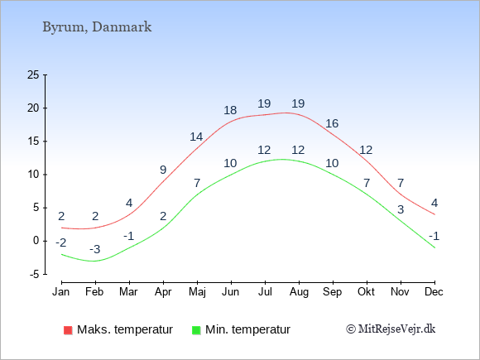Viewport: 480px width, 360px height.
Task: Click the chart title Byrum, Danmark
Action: [97, 27]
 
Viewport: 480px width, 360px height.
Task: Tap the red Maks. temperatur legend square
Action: [68, 330]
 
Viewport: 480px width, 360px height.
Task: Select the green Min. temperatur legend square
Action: [196, 330]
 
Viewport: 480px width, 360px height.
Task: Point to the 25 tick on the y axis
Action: [33, 74]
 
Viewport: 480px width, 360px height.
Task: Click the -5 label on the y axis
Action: [34, 274]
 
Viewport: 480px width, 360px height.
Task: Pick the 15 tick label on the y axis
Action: [33, 142]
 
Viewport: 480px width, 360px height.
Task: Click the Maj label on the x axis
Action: [197, 292]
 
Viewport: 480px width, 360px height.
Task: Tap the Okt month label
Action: [366, 292]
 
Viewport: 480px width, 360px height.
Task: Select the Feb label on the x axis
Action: [94, 292]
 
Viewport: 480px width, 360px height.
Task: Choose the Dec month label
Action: [434, 292]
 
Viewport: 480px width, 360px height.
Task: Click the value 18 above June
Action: [230, 110]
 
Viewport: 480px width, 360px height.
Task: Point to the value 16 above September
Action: [332, 123]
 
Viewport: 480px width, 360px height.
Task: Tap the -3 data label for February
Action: [95, 249]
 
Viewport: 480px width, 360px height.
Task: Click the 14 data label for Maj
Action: [196, 137]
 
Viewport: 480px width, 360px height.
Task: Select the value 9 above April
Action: [163, 170]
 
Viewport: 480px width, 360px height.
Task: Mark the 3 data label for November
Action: [401, 209]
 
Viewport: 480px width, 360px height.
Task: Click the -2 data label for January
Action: [61, 242]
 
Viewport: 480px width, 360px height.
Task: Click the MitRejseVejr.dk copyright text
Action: [391, 329]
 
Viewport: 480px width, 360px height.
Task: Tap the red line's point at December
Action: [434, 214]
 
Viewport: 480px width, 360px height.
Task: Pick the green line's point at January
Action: [62, 254]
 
